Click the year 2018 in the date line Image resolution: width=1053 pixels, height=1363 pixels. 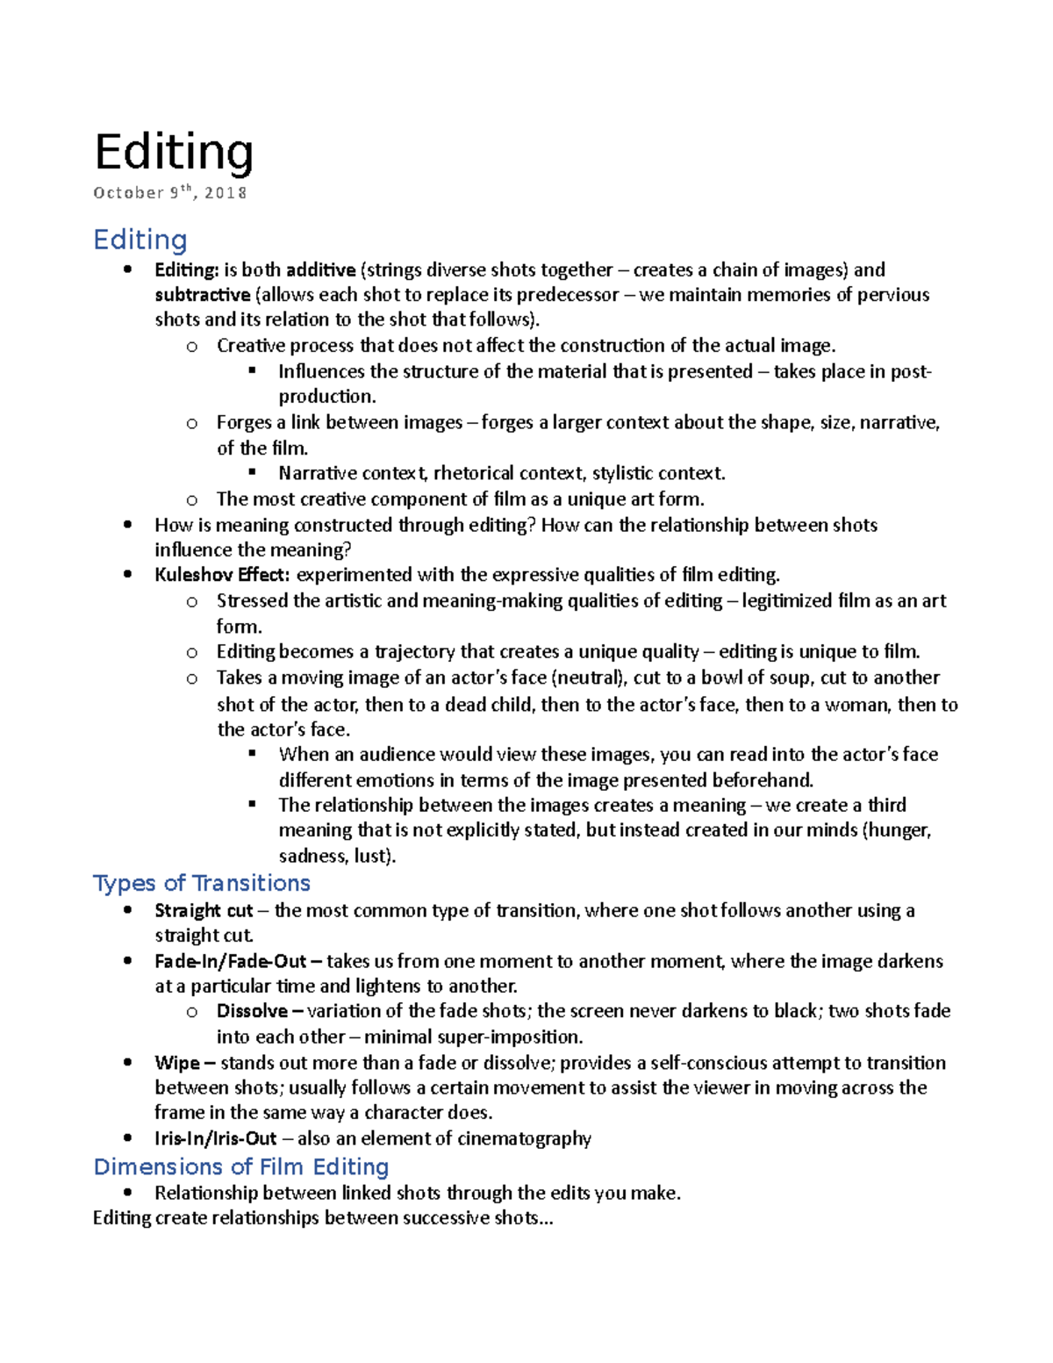(x=226, y=193)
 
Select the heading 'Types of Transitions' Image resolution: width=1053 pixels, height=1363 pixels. (x=202, y=883)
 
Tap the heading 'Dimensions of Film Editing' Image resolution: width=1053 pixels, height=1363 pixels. (x=241, y=1166)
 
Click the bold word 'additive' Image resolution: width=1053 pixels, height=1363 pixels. (x=320, y=269)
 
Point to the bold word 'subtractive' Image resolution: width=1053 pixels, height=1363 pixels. (x=203, y=295)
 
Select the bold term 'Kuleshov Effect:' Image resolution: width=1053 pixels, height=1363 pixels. (x=222, y=575)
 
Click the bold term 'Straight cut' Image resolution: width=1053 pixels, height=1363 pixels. (x=204, y=910)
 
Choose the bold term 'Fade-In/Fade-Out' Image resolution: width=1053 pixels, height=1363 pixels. (x=231, y=961)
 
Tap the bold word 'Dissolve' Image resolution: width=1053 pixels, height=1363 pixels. (x=252, y=1011)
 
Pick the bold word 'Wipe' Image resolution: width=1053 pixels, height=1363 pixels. (x=177, y=1063)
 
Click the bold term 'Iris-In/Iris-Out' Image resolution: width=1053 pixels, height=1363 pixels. (x=216, y=1138)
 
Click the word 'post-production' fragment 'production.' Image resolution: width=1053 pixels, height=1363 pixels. (x=327, y=397)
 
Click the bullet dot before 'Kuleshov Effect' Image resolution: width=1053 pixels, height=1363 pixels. (x=128, y=575)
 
